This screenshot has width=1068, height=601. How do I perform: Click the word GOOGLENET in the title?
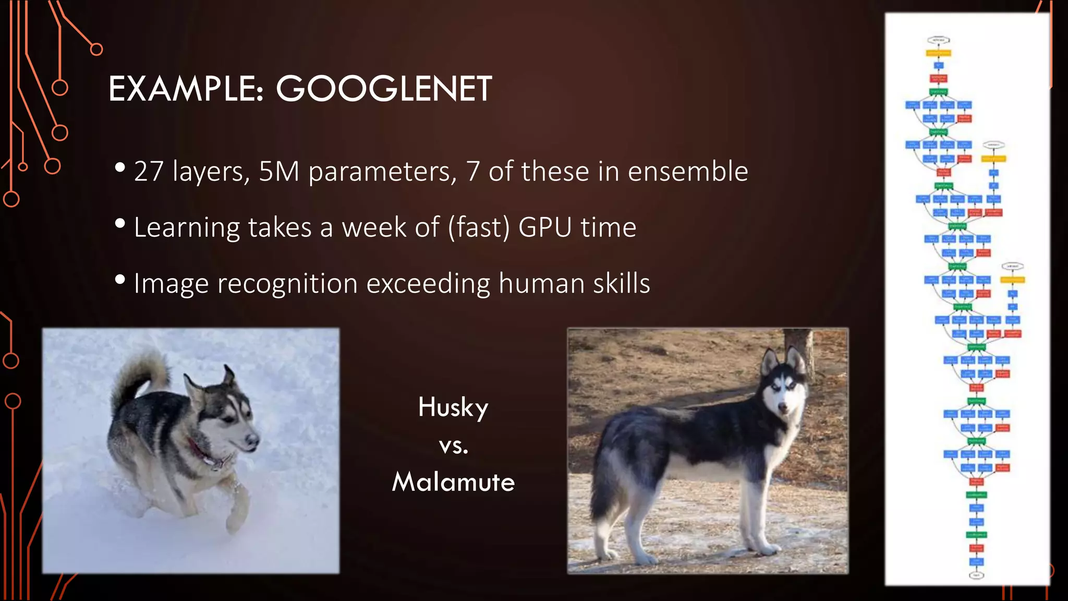[383, 89]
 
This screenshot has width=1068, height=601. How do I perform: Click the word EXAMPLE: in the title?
[186, 89]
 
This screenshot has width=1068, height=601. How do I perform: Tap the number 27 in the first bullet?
[149, 172]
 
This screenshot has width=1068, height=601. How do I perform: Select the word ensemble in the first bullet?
[688, 172]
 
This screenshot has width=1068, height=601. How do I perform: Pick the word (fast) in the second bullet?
[479, 227]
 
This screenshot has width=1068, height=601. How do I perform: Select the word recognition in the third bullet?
[287, 284]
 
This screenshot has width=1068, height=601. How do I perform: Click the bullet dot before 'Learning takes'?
[120, 224]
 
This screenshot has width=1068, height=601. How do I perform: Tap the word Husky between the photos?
[453, 407]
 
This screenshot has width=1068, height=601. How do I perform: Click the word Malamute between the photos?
[453, 482]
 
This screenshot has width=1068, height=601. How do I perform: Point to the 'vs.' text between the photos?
[453, 446]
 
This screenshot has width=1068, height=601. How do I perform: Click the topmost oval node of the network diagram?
[938, 40]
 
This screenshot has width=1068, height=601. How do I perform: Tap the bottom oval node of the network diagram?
[976, 575]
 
